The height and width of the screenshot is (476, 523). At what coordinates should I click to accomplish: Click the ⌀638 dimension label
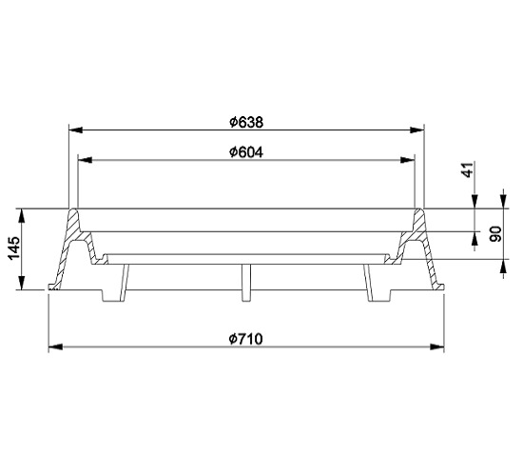point(246,122)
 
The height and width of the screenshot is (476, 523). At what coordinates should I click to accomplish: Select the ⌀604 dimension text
point(246,152)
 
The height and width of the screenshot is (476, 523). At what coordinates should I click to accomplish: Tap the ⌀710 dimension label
point(246,339)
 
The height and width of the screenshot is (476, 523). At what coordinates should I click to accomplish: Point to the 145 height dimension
point(14,248)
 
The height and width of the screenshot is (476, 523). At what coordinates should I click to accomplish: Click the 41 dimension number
point(468,169)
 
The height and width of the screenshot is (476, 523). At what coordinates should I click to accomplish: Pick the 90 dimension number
point(494,234)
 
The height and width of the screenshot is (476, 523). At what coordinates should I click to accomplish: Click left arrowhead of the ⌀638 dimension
point(75,129)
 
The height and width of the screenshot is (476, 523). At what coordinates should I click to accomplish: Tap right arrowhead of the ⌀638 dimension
point(416,129)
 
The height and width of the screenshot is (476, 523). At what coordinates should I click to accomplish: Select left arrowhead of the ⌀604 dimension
point(85,160)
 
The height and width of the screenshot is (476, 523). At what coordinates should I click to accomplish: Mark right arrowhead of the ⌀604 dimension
point(407,160)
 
